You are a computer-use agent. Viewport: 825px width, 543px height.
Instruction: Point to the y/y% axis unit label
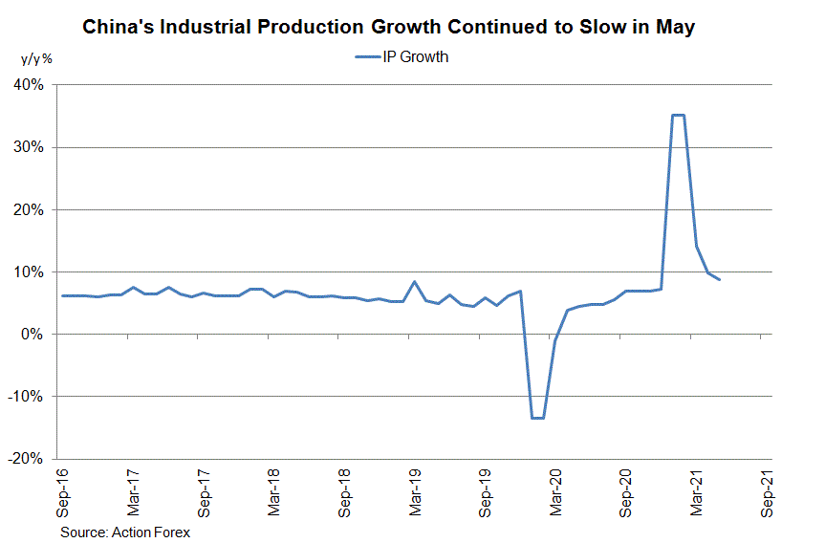point(37,58)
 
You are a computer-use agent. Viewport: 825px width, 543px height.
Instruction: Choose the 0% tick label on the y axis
point(34,334)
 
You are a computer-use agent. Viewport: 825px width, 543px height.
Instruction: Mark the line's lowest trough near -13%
point(537,418)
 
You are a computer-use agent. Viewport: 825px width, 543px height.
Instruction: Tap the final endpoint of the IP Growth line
point(719,279)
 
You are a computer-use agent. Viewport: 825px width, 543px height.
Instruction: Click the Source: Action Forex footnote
point(125,532)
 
